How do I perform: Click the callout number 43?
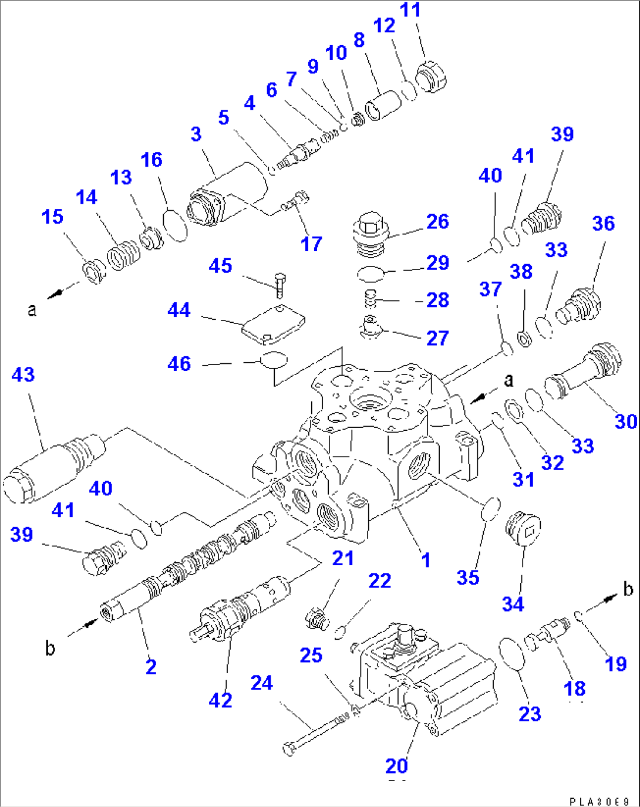23,374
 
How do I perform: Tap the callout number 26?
437,221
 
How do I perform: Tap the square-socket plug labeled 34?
523,529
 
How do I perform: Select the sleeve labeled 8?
383,104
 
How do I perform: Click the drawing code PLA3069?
599,801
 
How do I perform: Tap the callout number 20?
396,765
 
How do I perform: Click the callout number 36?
603,223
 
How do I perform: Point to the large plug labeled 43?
53,470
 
